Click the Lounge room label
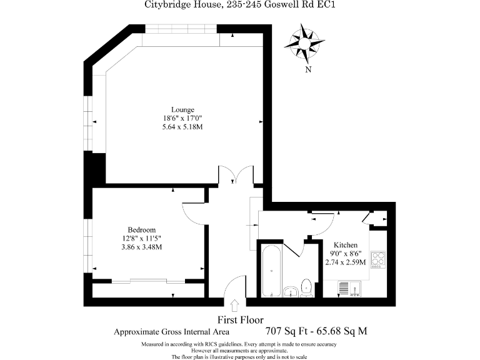[x=182, y=109]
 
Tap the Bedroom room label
[x=142, y=230]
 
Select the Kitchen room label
[x=346, y=245]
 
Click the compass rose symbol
[x=304, y=41]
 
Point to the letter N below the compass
[x=308, y=69]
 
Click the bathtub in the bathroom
[x=271, y=271]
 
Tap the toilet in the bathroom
[x=306, y=288]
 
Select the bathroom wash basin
[x=291, y=292]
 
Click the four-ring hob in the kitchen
[x=378, y=260]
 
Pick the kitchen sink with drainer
[x=349, y=289]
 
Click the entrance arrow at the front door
[x=234, y=306]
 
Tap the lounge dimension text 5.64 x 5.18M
[x=182, y=127]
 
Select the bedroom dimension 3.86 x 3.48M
[x=142, y=247]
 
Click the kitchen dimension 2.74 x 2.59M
[x=346, y=262]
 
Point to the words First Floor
[x=241, y=320]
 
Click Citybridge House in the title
[x=183, y=4]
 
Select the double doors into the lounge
[x=236, y=175]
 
